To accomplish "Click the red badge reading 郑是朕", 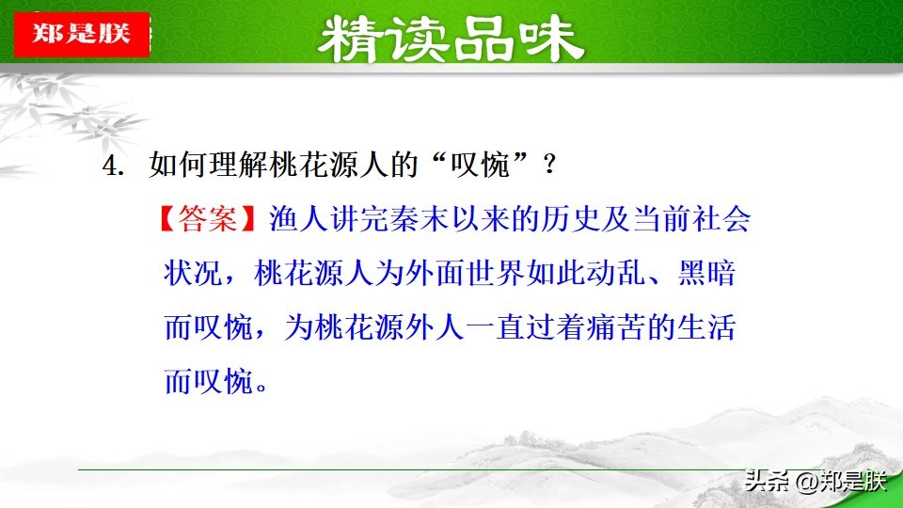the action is [x=82, y=34].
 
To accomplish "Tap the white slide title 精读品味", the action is [x=451, y=40].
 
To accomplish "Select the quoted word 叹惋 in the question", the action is [x=481, y=166].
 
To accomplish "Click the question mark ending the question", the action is [x=549, y=166].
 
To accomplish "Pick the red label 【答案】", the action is [x=207, y=219].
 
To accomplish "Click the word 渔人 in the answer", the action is [x=298, y=219].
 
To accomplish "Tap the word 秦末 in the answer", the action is [x=420, y=219].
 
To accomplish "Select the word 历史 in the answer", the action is [x=571, y=219].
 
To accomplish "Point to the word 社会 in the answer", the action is [x=721, y=219].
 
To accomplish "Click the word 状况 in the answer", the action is [x=193, y=273].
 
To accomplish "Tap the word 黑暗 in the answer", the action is [x=706, y=273].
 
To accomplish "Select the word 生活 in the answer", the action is [x=706, y=327].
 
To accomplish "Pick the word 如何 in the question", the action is [x=179, y=166].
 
